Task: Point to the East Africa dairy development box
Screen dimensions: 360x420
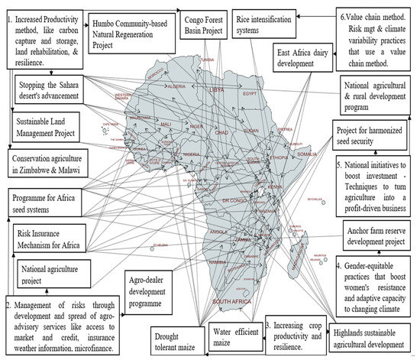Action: (293, 59)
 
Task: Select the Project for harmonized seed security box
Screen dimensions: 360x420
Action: (373, 136)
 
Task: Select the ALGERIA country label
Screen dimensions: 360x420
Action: (177, 86)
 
